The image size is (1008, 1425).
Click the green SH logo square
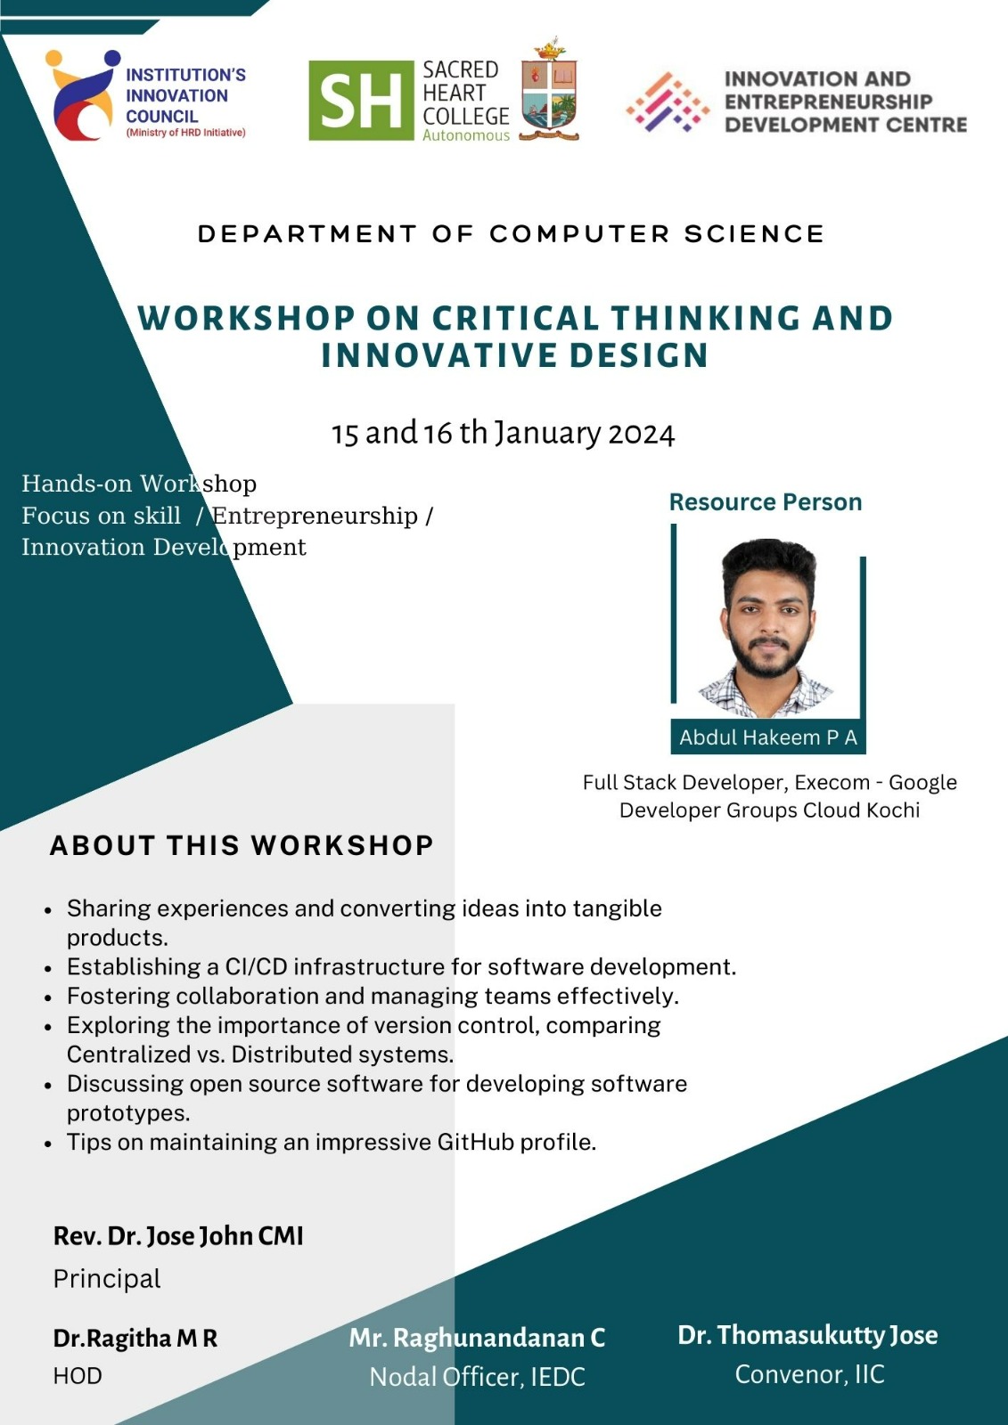pyautogui.click(x=361, y=101)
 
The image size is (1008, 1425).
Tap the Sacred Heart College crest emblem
pyautogui.click(x=549, y=89)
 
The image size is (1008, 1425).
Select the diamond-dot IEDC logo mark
pyautogui.click(x=668, y=102)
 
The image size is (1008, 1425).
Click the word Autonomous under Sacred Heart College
pyautogui.click(x=466, y=135)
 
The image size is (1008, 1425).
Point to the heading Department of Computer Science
pyautogui.click(x=511, y=234)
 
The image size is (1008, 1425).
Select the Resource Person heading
pyautogui.click(x=766, y=502)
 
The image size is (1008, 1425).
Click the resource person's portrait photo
pyautogui.click(x=768, y=627)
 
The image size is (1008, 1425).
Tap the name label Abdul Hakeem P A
pyautogui.click(x=768, y=737)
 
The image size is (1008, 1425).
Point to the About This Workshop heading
pyautogui.click(x=242, y=845)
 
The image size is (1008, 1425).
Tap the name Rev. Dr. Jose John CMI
pyautogui.click(x=178, y=1236)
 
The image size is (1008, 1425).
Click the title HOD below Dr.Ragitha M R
pyautogui.click(x=78, y=1375)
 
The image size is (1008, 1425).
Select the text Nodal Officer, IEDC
pyautogui.click(x=477, y=1377)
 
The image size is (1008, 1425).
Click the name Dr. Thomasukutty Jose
pyautogui.click(x=807, y=1335)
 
